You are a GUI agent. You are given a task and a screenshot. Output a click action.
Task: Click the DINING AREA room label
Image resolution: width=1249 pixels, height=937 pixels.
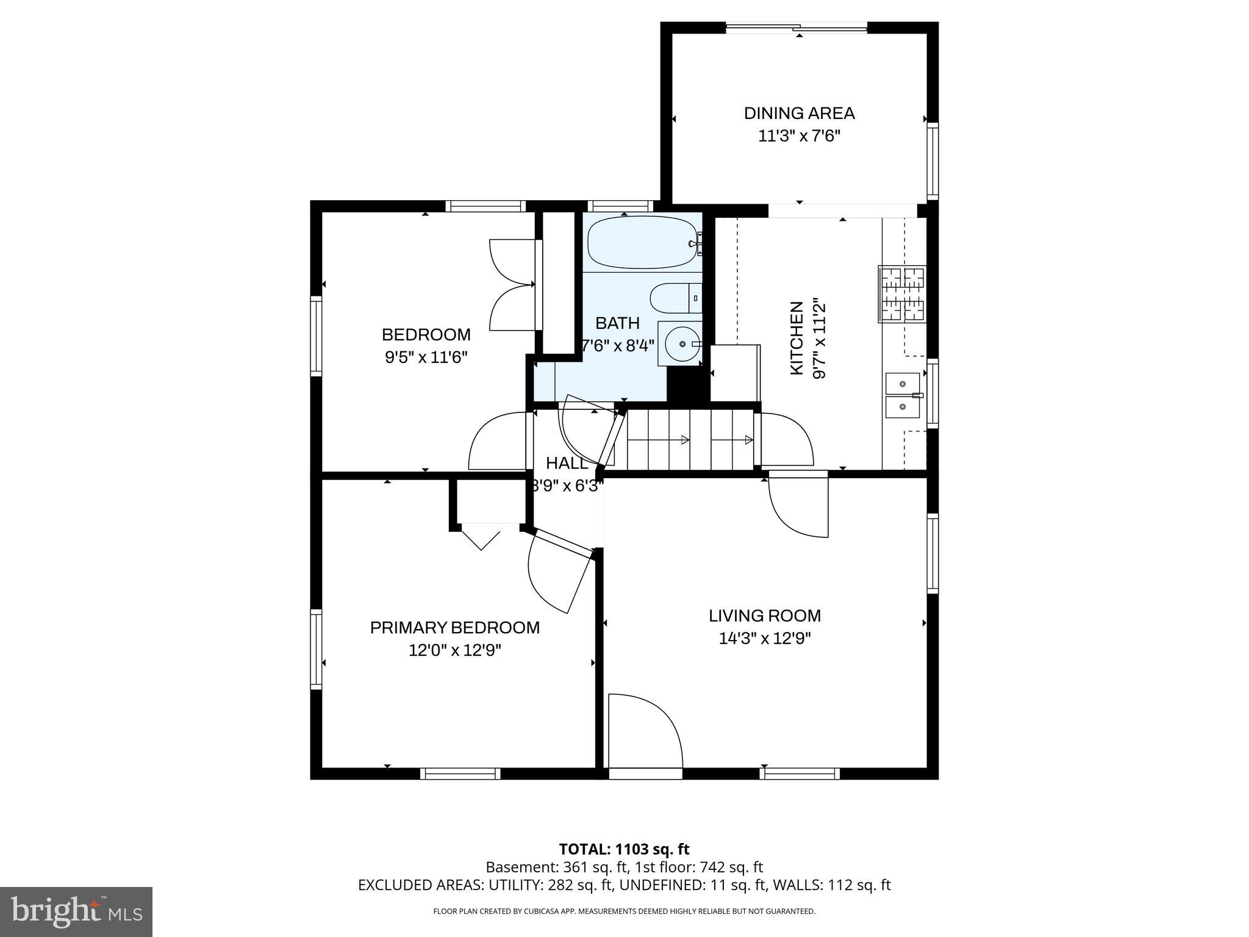point(799,113)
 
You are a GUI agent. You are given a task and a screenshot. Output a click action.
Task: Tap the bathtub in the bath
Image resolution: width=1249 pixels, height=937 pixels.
point(642,243)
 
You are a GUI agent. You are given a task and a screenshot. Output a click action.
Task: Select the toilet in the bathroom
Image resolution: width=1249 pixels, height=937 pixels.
point(675,298)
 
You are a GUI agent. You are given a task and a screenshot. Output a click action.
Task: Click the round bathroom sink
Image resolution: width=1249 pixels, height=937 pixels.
point(681,345)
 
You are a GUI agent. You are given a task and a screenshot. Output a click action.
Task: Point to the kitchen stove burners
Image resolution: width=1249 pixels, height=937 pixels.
point(901,295)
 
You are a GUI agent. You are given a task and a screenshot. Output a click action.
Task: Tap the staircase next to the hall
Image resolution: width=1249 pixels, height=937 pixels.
point(690,440)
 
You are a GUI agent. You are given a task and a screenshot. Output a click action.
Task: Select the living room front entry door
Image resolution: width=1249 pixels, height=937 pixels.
point(645,732)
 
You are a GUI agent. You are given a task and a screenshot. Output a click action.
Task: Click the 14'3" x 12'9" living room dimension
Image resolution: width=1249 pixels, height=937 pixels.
point(765,639)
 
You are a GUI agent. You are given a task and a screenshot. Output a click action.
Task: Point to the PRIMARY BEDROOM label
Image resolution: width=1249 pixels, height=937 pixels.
point(455,628)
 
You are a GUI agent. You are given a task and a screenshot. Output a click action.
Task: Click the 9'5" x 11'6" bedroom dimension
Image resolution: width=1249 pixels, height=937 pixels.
point(426,357)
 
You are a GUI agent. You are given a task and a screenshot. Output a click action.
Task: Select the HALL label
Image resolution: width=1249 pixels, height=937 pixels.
point(567,464)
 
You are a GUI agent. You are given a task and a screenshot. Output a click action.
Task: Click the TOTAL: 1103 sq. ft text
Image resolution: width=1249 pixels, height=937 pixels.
point(624,849)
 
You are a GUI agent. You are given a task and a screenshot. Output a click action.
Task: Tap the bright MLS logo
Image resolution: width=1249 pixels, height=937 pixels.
point(76,911)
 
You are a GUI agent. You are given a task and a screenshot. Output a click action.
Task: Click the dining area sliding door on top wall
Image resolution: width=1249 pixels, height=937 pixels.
point(796,27)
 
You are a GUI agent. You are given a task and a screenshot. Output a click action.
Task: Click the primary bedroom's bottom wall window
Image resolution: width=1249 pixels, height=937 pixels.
point(460,774)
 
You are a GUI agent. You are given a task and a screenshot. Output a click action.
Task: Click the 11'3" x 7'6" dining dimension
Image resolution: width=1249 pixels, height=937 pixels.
point(799,136)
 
